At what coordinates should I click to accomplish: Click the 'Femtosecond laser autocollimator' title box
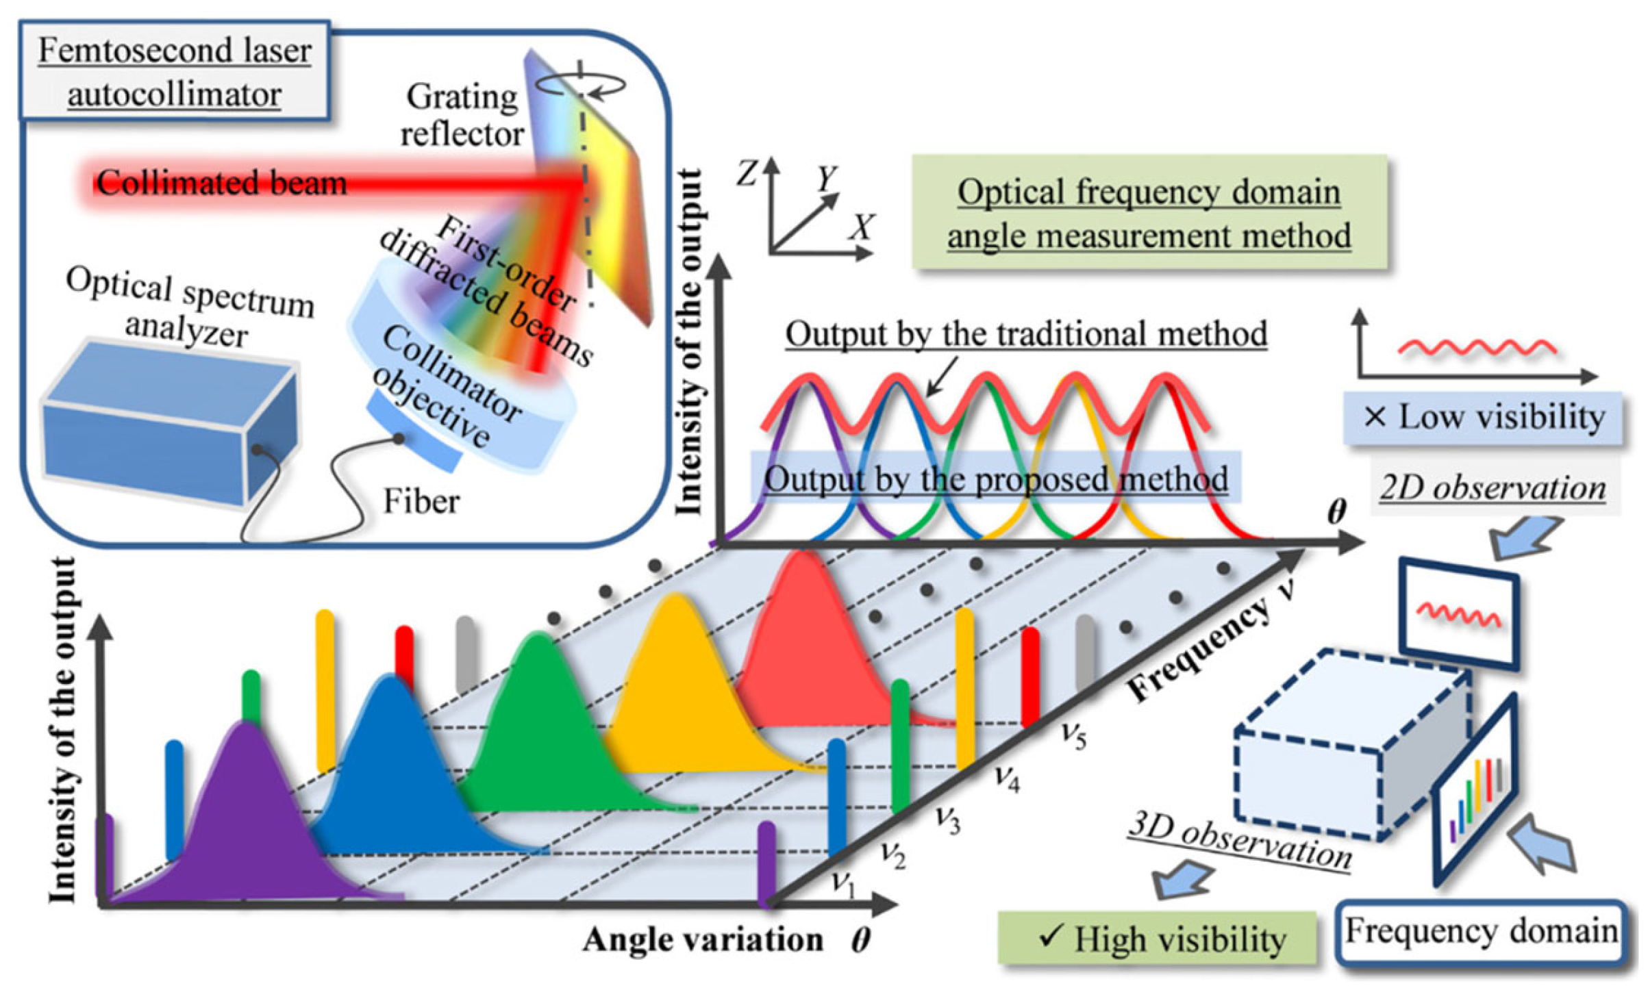point(175,71)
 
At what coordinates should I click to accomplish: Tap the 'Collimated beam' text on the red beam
point(221,183)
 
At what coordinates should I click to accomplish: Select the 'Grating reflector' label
point(462,115)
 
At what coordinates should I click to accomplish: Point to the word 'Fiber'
point(421,501)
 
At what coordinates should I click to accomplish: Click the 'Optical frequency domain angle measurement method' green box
point(1149,213)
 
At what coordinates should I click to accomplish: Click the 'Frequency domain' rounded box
point(1481,932)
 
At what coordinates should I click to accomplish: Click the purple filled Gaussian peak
point(247,815)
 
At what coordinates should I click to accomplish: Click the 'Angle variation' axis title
point(703,940)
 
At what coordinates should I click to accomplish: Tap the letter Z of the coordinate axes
point(748,173)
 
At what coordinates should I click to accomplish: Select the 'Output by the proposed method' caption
point(995,479)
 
